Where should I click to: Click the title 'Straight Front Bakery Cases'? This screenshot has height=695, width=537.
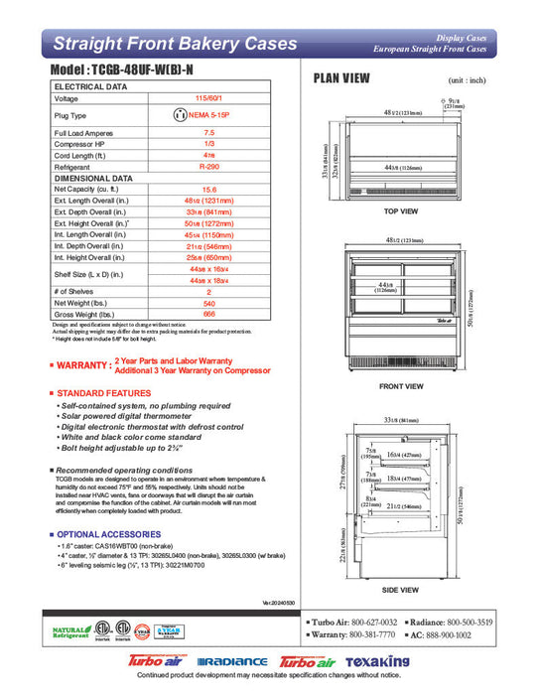[174, 44]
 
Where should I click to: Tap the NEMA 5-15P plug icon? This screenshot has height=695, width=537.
[181, 115]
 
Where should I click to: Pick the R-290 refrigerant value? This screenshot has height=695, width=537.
[208, 168]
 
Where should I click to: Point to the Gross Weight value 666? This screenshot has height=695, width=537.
[208, 314]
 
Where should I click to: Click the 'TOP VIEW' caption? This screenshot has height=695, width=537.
[400, 212]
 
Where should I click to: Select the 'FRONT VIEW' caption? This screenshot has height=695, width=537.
[401, 385]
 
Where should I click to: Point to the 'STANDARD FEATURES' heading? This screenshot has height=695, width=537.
[104, 394]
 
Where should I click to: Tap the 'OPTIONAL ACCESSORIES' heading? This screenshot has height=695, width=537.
[109, 534]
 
